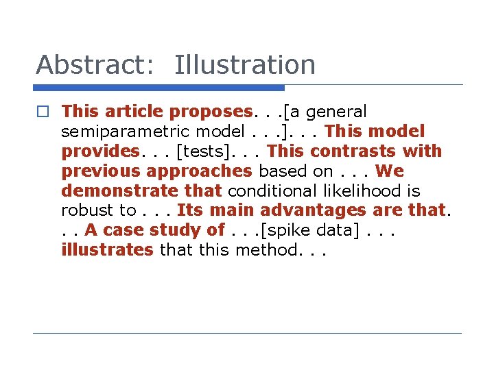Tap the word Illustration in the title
[245, 65]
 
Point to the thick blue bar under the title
[158, 88]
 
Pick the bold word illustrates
[107, 250]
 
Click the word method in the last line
[266, 250]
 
